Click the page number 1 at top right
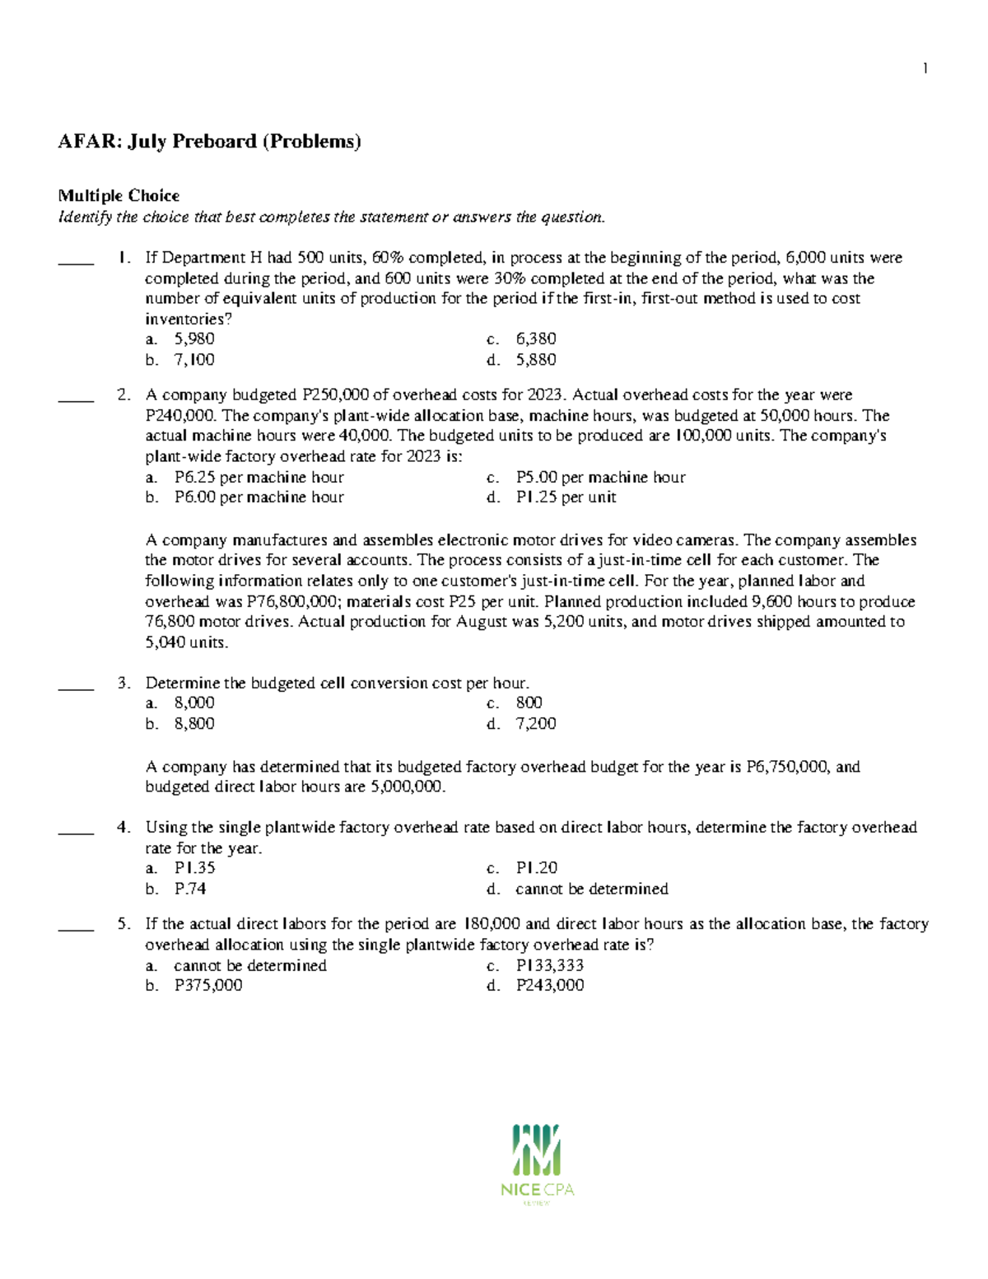[x=925, y=68]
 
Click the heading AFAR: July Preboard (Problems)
[x=209, y=142]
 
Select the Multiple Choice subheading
[x=119, y=195]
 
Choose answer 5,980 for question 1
[x=194, y=339]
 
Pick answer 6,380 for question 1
[x=536, y=339]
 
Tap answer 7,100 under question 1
[x=194, y=360]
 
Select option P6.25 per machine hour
[x=259, y=478]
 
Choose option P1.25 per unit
[x=566, y=497]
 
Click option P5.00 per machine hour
[x=600, y=478]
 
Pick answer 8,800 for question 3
[x=194, y=724]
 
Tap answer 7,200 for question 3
[x=536, y=724]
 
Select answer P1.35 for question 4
[x=194, y=868]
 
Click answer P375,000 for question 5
[x=208, y=986]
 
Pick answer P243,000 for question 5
[x=550, y=986]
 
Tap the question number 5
[x=123, y=924]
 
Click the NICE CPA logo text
[x=537, y=1190]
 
